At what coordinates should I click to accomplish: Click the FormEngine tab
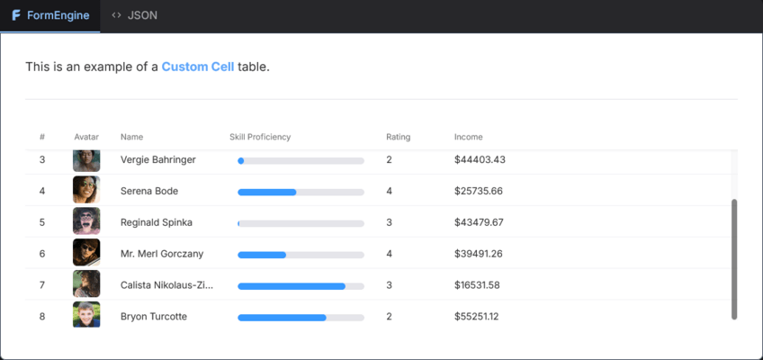coord(50,15)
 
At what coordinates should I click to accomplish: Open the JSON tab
coord(134,15)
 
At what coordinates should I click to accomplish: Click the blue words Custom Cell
coord(198,67)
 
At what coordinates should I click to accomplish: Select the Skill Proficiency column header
coord(260,137)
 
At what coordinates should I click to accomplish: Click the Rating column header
coord(398,137)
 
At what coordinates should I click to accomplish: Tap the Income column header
coord(468,137)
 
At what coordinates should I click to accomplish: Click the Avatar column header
coord(86,137)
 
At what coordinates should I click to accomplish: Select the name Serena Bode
coord(149,191)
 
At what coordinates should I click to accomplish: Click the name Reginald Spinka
coord(157,222)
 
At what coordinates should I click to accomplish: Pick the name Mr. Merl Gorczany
coord(162,254)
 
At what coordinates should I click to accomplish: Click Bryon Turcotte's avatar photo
coord(86,314)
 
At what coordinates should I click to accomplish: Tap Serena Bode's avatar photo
coord(86,190)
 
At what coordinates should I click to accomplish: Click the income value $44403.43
coord(480,159)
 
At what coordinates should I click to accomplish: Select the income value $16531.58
coord(477,285)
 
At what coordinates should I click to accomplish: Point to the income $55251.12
coord(476,316)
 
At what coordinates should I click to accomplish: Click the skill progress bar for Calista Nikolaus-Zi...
coord(301,286)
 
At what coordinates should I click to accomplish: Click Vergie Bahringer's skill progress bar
coord(301,161)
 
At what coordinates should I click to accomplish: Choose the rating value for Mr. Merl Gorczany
coord(390,254)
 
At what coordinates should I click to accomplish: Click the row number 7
coord(42,285)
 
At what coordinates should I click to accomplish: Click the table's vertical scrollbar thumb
coord(734,259)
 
